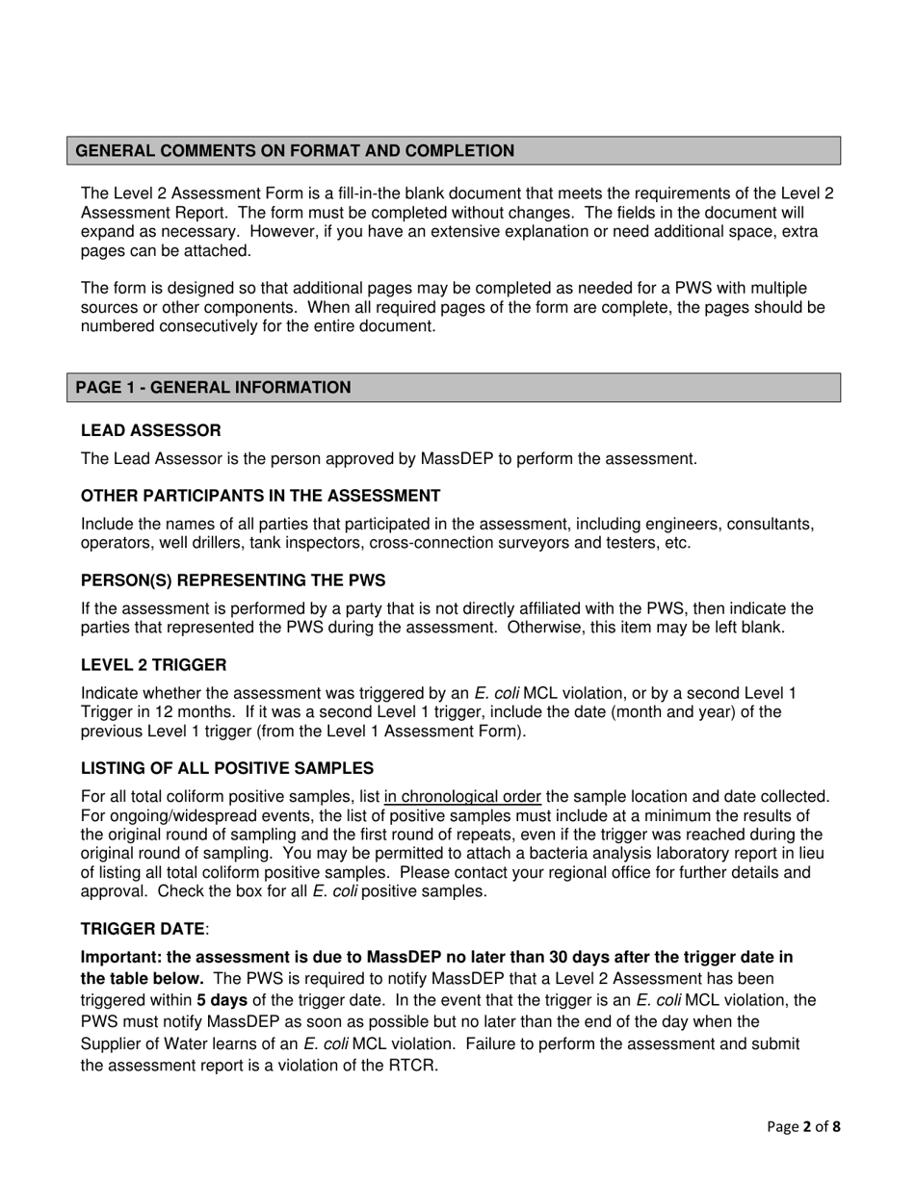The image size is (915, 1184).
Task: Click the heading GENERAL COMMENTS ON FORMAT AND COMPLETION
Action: coord(295,151)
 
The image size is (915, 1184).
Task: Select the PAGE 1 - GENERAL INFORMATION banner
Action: coord(213,388)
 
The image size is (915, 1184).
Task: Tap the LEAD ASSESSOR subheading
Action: coord(150,430)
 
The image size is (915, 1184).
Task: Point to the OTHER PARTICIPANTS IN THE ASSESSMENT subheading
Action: coord(260,496)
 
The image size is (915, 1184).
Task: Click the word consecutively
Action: coord(228,326)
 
